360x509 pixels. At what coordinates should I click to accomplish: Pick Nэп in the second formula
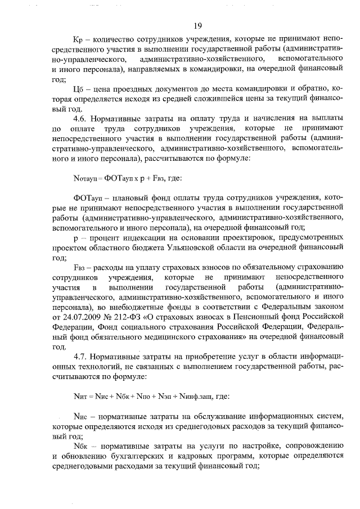point(160,396)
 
